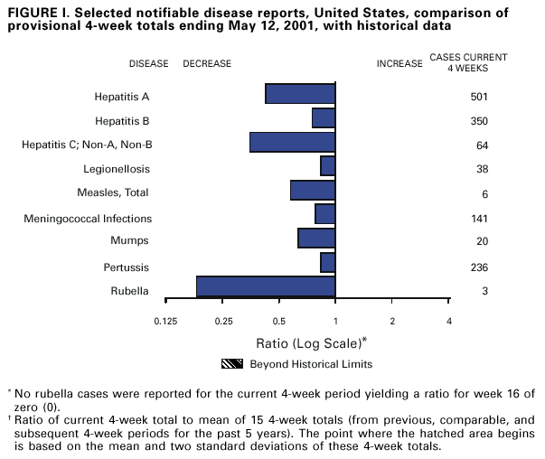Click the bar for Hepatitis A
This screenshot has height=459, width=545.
(x=300, y=94)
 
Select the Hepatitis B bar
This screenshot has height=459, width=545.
(x=324, y=117)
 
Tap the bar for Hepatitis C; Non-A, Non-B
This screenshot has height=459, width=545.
(x=292, y=142)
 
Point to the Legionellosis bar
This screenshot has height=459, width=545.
(x=327, y=166)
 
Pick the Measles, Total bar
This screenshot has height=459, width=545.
(x=313, y=190)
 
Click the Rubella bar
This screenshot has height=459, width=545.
(x=266, y=286)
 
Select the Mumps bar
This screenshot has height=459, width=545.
(x=316, y=238)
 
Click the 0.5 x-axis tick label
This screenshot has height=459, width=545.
(x=279, y=322)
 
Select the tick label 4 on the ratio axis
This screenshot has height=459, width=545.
(x=448, y=322)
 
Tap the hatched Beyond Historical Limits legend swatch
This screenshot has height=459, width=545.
(x=233, y=364)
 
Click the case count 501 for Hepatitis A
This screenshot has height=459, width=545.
(x=479, y=96)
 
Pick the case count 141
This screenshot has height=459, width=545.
(x=479, y=218)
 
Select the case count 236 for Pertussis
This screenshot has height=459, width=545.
(x=479, y=267)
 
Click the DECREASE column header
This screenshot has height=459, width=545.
(x=207, y=64)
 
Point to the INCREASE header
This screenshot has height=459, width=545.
(x=399, y=64)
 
